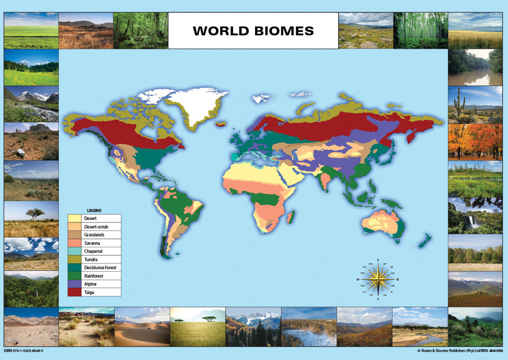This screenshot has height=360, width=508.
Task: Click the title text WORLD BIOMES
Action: click(253, 30)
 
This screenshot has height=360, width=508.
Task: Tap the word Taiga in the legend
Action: click(89, 292)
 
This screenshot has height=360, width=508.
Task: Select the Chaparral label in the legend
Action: click(94, 251)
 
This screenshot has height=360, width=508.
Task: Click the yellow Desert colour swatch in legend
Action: click(75, 218)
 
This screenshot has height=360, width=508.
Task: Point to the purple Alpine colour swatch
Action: click(75, 284)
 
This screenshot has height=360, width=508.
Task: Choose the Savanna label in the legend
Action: click(91, 243)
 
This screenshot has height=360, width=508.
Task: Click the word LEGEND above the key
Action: click(94, 210)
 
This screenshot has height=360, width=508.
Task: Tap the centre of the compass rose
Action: click(378, 279)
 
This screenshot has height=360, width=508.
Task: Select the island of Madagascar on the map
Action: click(290, 218)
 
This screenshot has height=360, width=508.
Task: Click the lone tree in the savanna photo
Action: click(35, 213)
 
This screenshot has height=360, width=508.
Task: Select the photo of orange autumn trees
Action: click(474, 142)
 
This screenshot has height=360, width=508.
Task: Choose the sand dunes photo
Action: click(142, 326)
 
